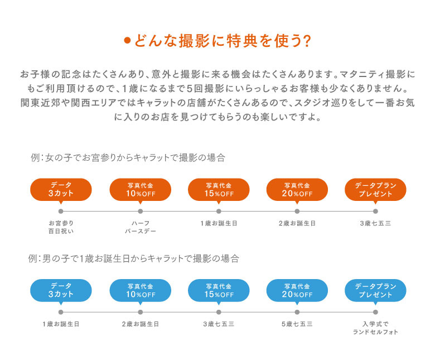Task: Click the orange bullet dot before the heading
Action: (x=127, y=41)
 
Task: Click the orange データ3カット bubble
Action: (x=61, y=190)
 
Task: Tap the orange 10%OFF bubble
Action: (x=141, y=190)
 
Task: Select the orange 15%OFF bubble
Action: (x=219, y=190)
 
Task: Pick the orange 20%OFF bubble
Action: (x=297, y=190)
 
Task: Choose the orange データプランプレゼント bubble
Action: (x=375, y=190)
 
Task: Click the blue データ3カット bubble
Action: (x=61, y=290)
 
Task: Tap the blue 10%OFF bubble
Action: (x=141, y=290)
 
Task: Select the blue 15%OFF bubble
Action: (x=219, y=290)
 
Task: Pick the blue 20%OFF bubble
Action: (x=297, y=290)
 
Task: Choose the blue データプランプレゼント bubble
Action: (x=375, y=290)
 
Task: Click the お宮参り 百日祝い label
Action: (x=61, y=227)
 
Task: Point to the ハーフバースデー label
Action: (x=141, y=227)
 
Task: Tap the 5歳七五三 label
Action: (x=297, y=324)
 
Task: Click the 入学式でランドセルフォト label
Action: (x=375, y=328)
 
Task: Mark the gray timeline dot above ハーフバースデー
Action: (x=141, y=211)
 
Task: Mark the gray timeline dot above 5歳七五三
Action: (x=297, y=312)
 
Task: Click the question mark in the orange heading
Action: (x=306, y=41)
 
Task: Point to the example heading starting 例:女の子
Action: (x=128, y=157)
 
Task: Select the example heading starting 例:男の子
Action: (x=134, y=258)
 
